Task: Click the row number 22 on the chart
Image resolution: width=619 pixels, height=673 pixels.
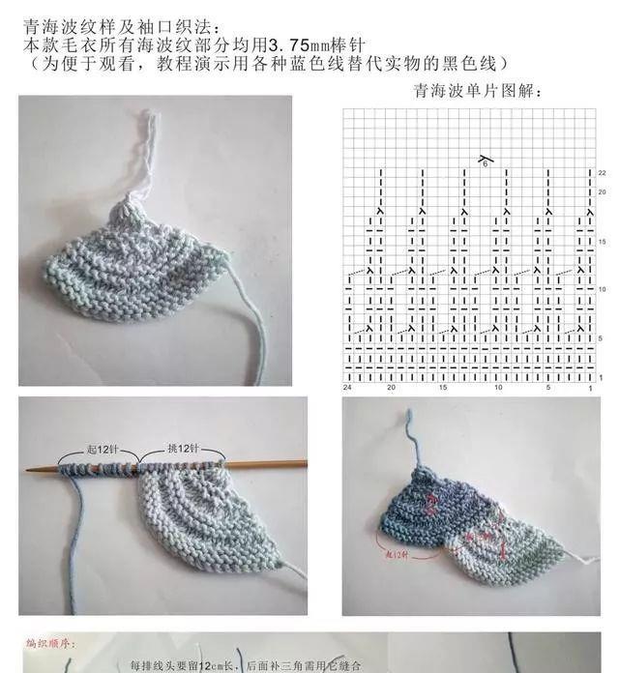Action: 602,172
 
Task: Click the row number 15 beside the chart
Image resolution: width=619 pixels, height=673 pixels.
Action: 602,241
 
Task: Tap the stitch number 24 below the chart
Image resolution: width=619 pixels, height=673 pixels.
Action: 347,387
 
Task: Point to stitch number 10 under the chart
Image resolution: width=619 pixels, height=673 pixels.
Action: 497,387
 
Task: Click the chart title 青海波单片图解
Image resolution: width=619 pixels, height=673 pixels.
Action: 477,92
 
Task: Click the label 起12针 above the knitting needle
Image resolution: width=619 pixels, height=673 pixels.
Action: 99,450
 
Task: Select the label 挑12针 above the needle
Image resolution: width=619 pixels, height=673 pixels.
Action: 180,450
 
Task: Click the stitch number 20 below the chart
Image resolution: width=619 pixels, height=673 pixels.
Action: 391,387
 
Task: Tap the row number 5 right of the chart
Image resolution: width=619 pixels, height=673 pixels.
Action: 602,337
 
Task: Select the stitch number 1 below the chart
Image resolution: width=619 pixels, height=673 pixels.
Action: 589,387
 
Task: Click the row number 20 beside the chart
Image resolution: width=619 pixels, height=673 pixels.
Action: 602,191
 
